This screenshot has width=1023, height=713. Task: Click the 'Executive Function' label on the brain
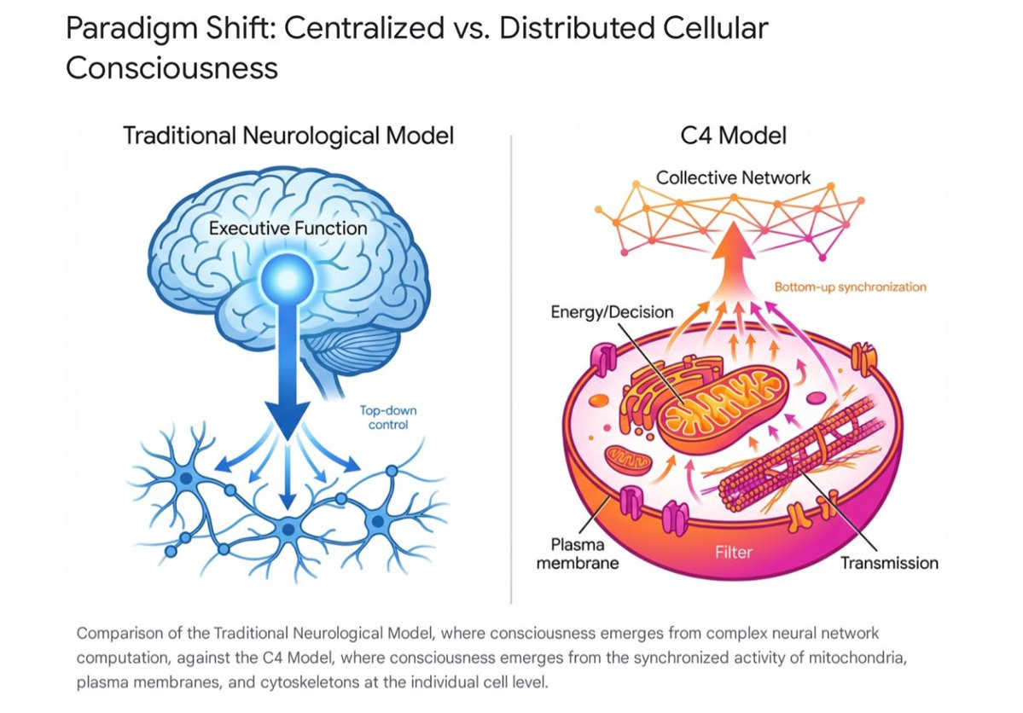[x=288, y=229]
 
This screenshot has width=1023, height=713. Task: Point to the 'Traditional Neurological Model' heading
[x=288, y=136]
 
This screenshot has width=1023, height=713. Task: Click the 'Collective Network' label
[x=733, y=178]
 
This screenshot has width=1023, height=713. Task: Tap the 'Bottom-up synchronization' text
[x=849, y=287]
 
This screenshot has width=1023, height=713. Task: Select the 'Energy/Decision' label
[x=612, y=312]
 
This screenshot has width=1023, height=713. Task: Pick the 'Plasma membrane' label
[x=578, y=554]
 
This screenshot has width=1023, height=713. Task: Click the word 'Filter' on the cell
[x=734, y=552]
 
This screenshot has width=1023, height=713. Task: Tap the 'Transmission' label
[x=889, y=563]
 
